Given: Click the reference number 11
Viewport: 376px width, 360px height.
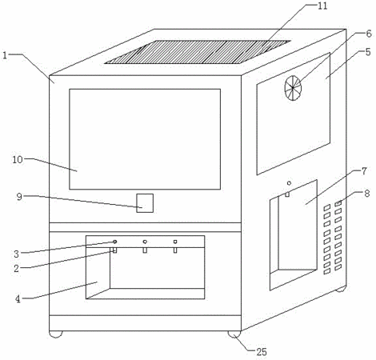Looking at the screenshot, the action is pos(322,6).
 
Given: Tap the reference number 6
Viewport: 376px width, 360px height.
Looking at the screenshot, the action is pos(369,34).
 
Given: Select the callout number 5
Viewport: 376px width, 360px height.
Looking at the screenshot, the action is pos(368,52).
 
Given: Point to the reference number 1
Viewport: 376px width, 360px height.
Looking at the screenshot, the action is pos(5,55).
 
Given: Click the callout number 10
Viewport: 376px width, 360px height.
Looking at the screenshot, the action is pos(18,159).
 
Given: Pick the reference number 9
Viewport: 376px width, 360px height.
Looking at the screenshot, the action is pos(19,197).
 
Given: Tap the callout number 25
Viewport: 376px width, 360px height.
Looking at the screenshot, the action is pos(262,352).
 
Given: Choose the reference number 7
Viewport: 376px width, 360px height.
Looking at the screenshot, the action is pos(365,171).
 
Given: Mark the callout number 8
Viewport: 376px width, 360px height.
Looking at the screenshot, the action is pos(367,194).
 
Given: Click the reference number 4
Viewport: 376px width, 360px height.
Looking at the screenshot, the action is pos(18,299).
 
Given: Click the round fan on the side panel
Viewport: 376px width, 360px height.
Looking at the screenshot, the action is pos(293,88).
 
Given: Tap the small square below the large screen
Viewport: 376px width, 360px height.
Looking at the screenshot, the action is pos(145,203).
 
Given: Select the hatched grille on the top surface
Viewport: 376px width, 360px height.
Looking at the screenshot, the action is pos(198,52).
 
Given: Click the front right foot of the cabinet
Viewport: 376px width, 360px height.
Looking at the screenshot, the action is pos(234,334).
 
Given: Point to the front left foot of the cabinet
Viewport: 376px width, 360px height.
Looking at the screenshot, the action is pos(56,334).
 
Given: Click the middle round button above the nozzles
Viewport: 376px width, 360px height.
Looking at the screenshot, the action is pos(145,242).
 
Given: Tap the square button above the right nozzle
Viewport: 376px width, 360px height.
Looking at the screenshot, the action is pos(175,242).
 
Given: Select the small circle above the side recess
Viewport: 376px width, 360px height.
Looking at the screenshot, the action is pos(289,183).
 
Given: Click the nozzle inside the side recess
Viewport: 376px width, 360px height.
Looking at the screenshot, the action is pos(287,194).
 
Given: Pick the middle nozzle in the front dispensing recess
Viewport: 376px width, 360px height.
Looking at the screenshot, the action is pos(145,250).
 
